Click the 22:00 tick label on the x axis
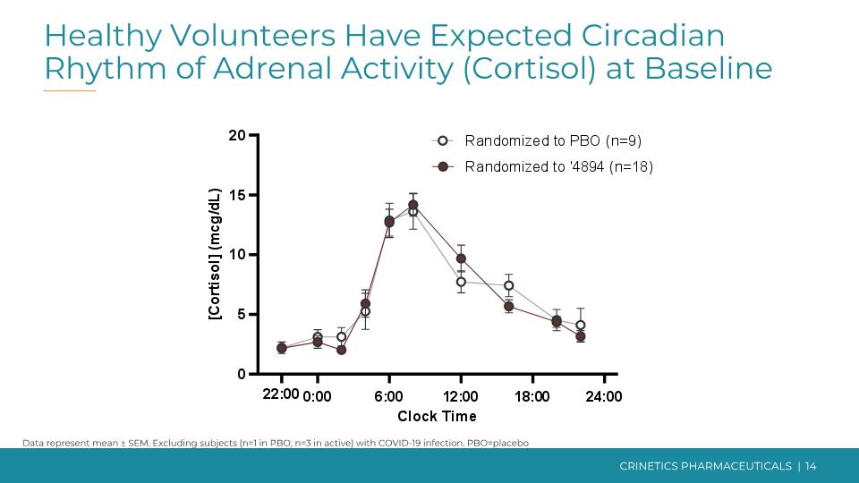[281, 395]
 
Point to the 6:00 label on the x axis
[388, 395]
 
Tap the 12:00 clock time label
[461, 395]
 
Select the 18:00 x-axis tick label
[532, 395]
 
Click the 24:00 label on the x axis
[604, 395]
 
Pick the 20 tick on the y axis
[237, 135]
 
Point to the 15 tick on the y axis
[237, 195]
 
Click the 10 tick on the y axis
[237, 255]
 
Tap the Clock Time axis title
[437, 416]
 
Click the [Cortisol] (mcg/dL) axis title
[215, 255]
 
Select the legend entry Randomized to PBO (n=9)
[553, 140]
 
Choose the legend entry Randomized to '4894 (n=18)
[558, 166]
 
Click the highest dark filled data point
[412, 205]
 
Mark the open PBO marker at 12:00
[461, 282]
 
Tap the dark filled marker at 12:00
[461, 258]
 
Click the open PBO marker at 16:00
[508, 285]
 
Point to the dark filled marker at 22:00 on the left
[281, 348]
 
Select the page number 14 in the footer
[811, 466]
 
